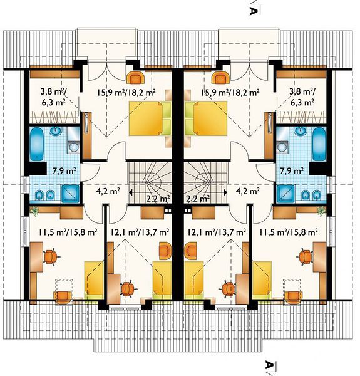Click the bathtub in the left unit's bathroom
37,144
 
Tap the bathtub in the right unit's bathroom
319,144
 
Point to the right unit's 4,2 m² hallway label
248,191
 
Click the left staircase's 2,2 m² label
158,198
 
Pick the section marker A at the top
254,11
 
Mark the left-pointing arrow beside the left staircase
131,192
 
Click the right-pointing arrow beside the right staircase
225,192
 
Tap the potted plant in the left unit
35,211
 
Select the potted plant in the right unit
321,211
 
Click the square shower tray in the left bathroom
70,194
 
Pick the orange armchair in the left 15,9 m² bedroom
135,78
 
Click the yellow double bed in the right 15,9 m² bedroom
210,118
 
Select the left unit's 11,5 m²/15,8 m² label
68,232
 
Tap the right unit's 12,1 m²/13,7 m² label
217,232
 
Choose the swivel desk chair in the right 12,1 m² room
229,288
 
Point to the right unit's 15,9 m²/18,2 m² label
230,92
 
